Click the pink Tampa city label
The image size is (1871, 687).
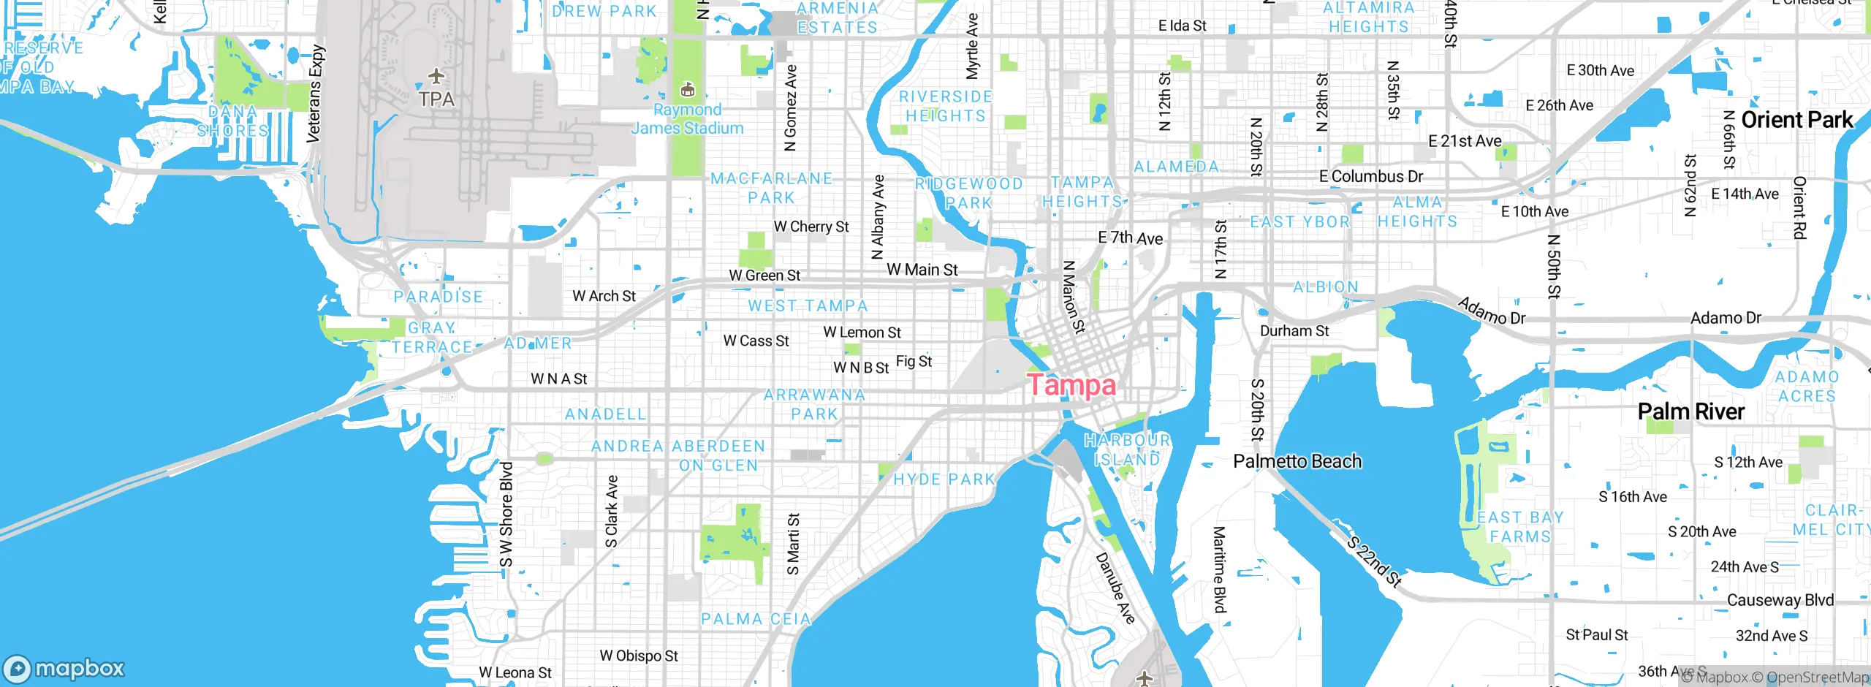(1071, 385)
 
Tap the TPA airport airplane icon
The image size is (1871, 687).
(436, 76)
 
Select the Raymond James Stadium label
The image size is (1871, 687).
(687, 118)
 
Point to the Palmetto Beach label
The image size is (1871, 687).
(1297, 461)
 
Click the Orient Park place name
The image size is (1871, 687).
(1796, 120)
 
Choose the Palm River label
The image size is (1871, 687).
(1690, 411)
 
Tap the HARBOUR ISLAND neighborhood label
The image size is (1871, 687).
(1127, 449)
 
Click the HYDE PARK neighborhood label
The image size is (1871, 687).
(944, 479)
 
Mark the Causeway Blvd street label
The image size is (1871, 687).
(1780, 600)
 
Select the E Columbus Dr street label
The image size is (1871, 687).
(1371, 176)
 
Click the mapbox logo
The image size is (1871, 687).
(64, 668)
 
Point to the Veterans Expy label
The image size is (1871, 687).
(314, 94)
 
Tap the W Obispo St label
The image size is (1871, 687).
(639, 656)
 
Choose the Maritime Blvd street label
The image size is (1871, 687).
(1219, 569)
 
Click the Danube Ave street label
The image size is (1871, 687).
(1115, 588)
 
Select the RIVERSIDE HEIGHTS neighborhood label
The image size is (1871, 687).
(946, 106)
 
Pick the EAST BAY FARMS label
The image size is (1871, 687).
(1520, 527)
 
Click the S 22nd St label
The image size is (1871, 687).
(1374, 561)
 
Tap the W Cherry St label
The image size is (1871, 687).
(811, 227)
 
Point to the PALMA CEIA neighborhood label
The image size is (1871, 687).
(756, 619)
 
